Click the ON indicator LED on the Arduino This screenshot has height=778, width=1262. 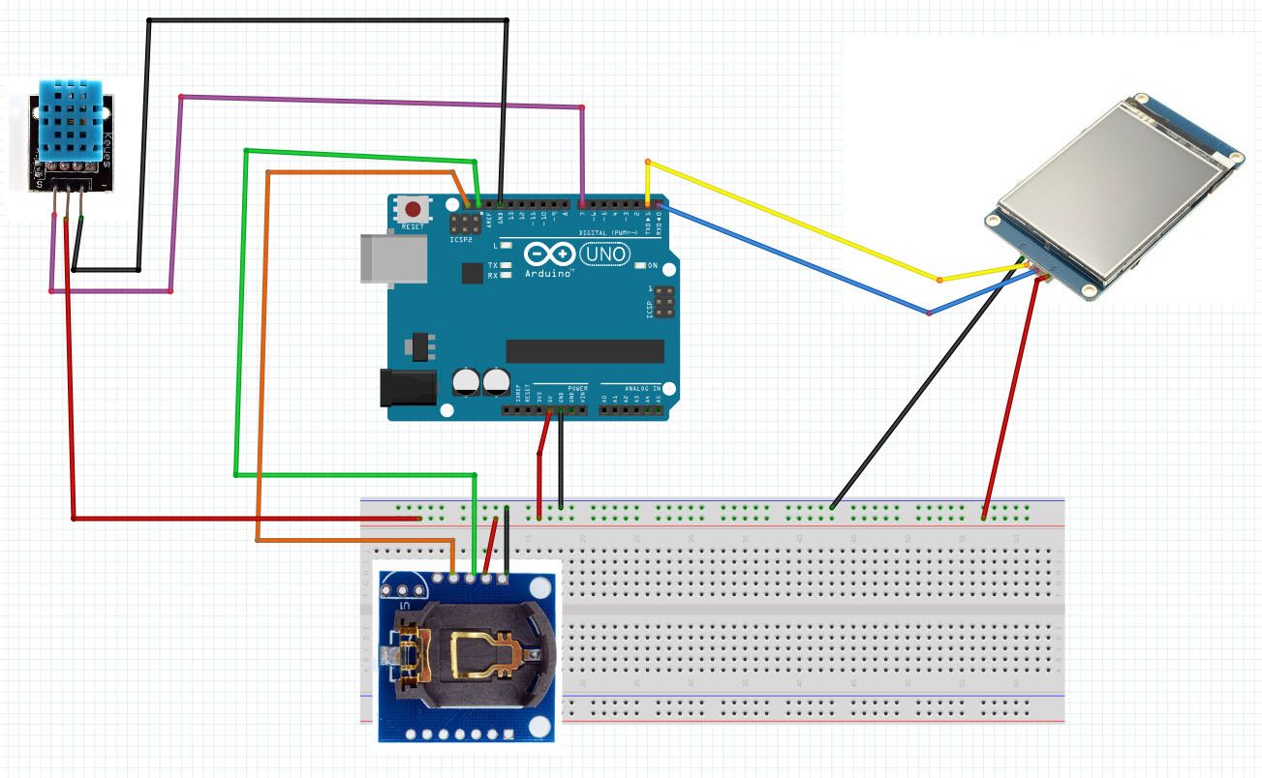click(639, 265)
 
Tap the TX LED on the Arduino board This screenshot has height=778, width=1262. click(506, 264)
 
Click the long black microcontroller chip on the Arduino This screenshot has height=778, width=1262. click(585, 350)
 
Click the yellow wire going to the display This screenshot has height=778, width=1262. click(794, 223)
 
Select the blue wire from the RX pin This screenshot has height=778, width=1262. click(794, 259)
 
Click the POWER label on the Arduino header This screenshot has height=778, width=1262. click(577, 388)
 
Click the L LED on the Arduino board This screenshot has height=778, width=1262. click(506, 246)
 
